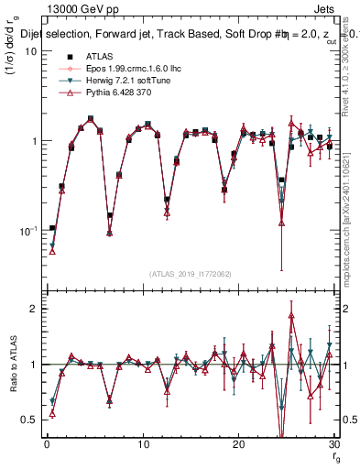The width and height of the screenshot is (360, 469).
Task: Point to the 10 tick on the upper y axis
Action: coord(29,51)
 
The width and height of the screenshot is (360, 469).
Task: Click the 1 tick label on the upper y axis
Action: coord(32,141)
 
